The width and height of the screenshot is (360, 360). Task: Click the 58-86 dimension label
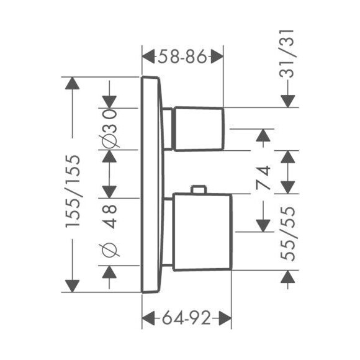(182, 56)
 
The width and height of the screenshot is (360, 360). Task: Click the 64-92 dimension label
(186, 318)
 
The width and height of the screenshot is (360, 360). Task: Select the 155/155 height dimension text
(73, 191)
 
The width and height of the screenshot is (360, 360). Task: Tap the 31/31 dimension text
(287, 54)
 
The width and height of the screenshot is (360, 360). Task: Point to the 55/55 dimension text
(287, 234)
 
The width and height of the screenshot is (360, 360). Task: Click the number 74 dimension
(263, 177)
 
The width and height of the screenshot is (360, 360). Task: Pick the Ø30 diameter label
(109, 128)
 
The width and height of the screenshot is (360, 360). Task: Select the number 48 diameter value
(109, 216)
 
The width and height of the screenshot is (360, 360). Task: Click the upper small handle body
(199, 129)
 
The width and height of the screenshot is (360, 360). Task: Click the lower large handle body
(202, 232)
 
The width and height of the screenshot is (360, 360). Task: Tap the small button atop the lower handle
(199, 190)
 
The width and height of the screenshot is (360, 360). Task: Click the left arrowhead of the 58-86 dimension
(148, 56)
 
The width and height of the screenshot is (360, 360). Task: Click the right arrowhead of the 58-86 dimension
(217, 56)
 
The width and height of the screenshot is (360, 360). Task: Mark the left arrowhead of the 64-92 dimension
(148, 318)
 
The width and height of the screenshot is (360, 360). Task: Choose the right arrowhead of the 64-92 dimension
(225, 318)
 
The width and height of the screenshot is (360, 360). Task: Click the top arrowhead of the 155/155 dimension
(73, 83)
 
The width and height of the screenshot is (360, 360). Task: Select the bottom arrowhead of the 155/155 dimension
(73, 286)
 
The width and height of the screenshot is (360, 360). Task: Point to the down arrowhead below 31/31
(287, 101)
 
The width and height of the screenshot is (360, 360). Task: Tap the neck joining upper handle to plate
(168, 129)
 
